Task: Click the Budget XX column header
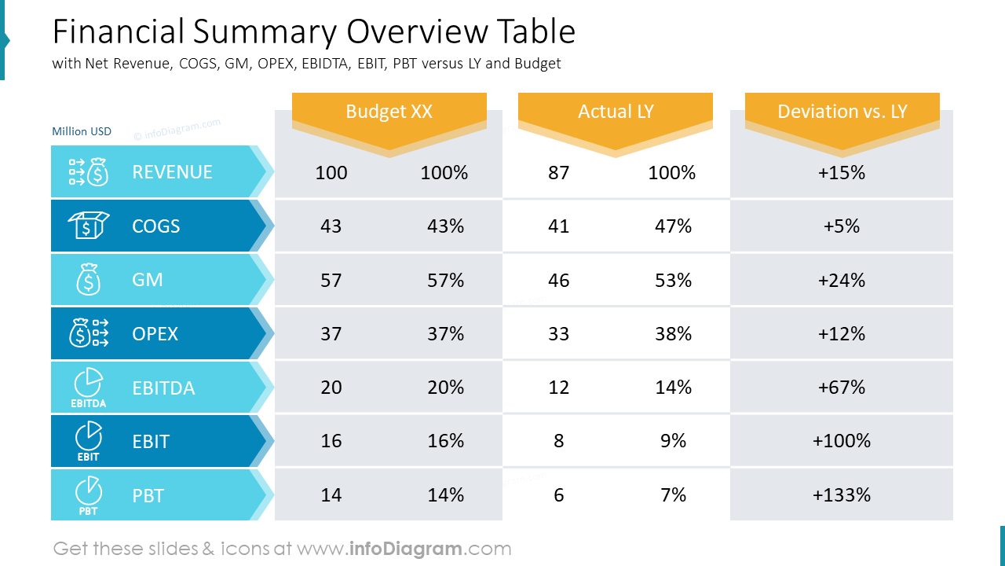[x=389, y=112]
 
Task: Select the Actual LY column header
[x=616, y=112]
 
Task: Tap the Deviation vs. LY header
[x=842, y=112]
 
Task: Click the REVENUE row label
[x=172, y=172]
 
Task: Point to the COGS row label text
[x=155, y=226]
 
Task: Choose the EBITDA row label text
[x=163, y=388]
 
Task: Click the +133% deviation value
[x=841, y=495]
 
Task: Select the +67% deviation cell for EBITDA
[x=841, y=388]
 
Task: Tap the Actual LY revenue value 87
[x=558, y=172]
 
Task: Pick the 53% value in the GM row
[x=673, y=281]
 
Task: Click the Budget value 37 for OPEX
[x=331, y=334]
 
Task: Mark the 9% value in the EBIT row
[x=673, y=441]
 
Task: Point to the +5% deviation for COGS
[x=841, y=226]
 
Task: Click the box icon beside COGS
[x=89, y=225]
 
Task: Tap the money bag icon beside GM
[x=89, y=279]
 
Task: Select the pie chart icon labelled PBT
[x=89, y=495]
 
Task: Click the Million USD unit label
[x=82, y=131]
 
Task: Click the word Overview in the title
[x=417, y=31]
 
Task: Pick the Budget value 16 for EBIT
[x=331, y=441]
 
